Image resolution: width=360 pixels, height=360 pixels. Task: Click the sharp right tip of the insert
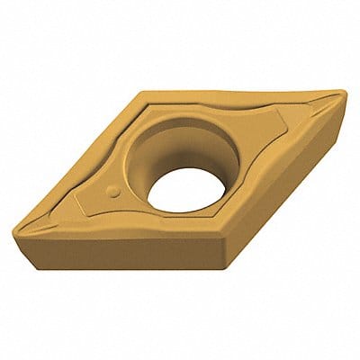pos(342,93)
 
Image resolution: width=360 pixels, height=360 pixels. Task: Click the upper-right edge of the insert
pos(243,90)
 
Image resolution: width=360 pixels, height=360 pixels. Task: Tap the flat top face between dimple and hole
pos(135,184)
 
